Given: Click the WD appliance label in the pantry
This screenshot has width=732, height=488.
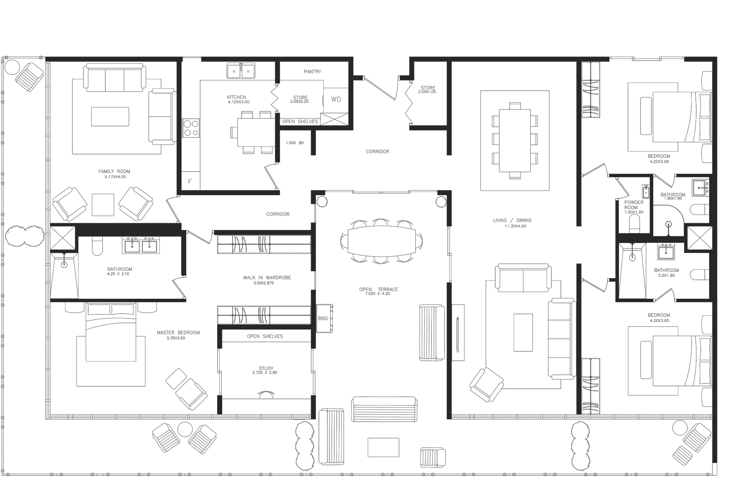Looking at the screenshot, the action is click(336, 100).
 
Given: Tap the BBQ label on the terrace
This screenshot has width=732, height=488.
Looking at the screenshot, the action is click(323, 318).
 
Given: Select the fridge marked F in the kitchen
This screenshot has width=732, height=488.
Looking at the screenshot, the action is click(190, 181).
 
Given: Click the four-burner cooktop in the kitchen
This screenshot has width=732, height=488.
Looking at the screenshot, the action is click(191, 128).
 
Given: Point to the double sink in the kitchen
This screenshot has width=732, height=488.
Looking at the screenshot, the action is click(241, 71).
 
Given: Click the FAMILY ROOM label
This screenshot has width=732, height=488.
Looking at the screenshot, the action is click(114, 171).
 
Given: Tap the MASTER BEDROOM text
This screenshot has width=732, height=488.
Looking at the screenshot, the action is click(178, 332).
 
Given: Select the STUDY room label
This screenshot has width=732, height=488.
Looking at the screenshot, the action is click(266, 368).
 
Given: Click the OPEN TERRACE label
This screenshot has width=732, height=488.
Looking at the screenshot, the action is click(379, 289).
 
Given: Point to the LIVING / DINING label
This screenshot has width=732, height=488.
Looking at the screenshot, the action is click(512, 220).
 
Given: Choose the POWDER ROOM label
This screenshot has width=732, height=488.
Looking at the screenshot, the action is click(634, 205).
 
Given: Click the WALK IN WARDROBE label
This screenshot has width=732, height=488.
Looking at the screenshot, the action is click(267, 277).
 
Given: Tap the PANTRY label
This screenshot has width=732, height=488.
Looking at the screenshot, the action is click(312, 72).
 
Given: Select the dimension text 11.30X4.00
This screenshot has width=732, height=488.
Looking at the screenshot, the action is click(512, 226).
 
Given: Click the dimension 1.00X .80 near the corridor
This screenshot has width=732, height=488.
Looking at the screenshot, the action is click(295, 143).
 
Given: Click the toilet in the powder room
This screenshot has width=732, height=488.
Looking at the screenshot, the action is click(634, 224).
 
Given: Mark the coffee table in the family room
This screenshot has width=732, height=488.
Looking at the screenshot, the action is click(110, 117).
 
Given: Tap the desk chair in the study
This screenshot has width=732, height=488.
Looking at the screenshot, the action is click(266, 394).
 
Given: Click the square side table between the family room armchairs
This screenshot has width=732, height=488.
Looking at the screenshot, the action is click(103, 205).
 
